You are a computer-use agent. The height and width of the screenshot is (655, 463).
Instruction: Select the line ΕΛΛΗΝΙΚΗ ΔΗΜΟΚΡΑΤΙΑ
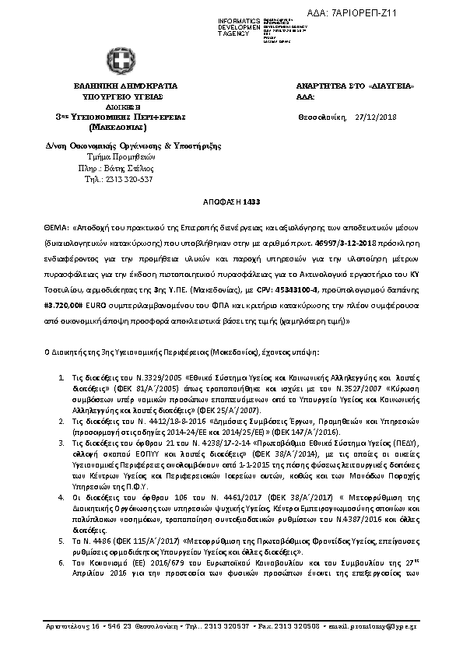pyautogui.click(x=126, y=85)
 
